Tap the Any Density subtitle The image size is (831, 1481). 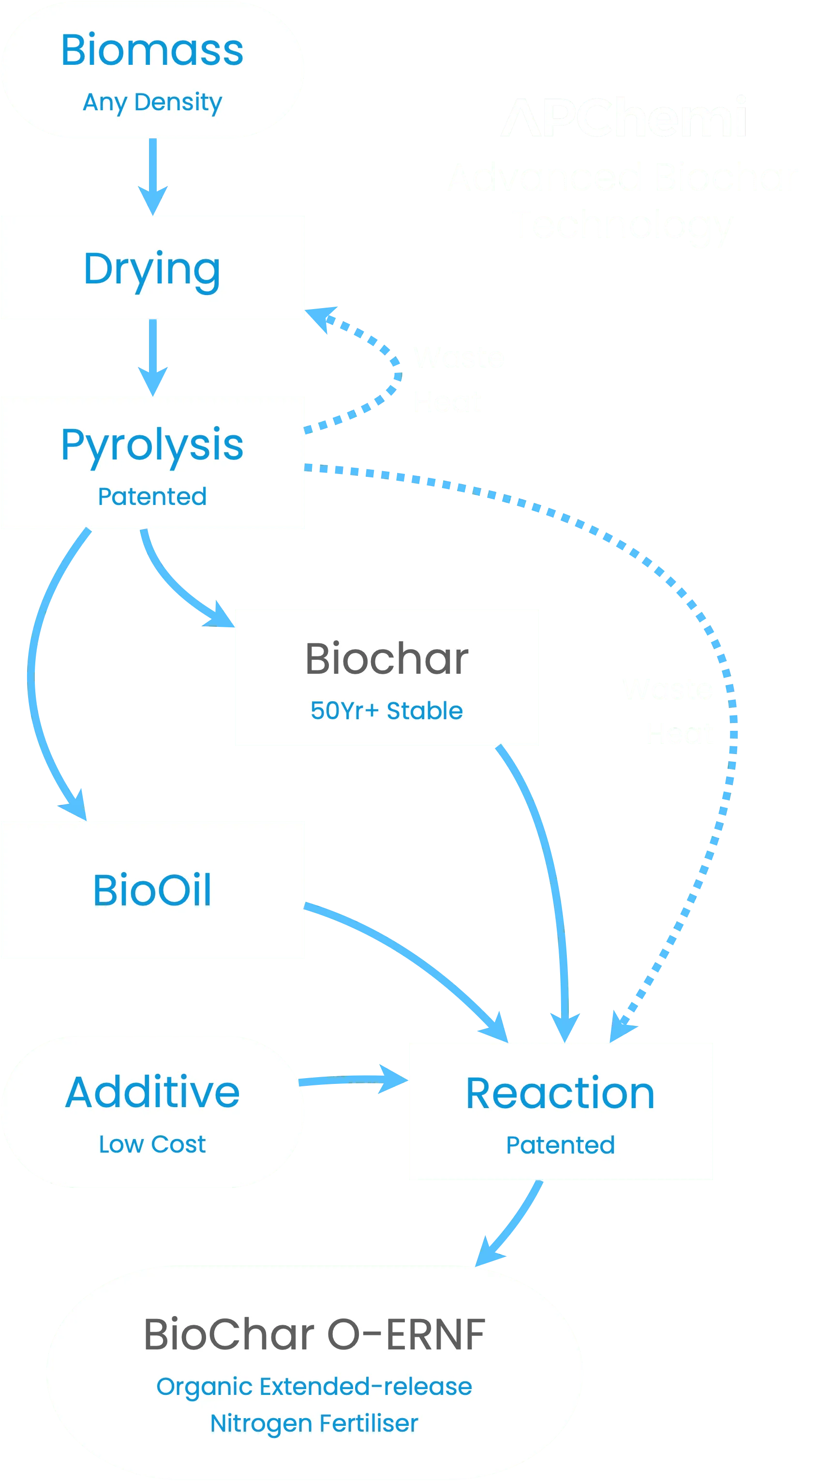pyautogui.click(x=152, y=103)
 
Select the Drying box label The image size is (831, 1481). pyautogui.click(x=152, y=268)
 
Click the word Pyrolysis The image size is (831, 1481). pyautogui.click(x=152, y=444)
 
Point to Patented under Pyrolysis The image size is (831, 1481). pyautogui.click(x=152, y=496)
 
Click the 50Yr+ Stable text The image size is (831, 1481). pyautogui.click(x=386, y=711)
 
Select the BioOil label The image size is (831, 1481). pyautogui.click(x=152, y=890)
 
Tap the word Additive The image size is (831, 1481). pyautogui.click(x=152, y=1092)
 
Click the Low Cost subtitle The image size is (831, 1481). pyautogui.click(x=152, y=1144)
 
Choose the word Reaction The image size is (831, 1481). pyautogui.click(x=560, y=1093)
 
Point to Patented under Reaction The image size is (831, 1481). pyautogui.click(x=560, y=1145)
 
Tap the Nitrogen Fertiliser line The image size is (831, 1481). pyautogui.click(x=314, y=1423)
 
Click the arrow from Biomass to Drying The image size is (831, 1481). pyautogui.click(x=152, y=176)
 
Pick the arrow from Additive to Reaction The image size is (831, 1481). pyautogui.click(x=354, y=1080)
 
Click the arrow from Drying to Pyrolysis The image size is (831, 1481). pyautogui.click(x=152, y=356)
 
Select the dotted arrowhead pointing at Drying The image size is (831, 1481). pyautogui.click(x=321, y=317)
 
